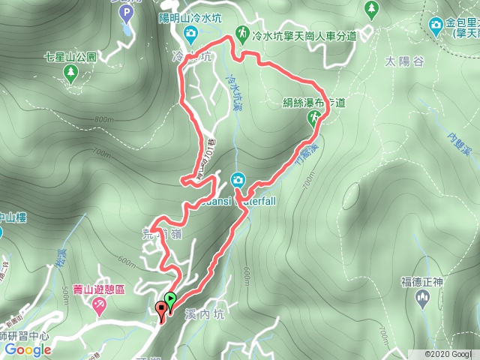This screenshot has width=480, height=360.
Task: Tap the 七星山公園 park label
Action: [70, 56]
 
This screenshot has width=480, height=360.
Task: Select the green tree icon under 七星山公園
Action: [70, 72]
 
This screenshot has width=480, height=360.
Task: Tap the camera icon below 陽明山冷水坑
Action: [190, 33]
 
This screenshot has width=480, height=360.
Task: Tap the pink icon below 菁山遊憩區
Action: [98, 305]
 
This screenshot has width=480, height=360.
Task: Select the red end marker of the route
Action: [161, 309]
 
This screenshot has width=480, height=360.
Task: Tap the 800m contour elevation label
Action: [105, 119]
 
